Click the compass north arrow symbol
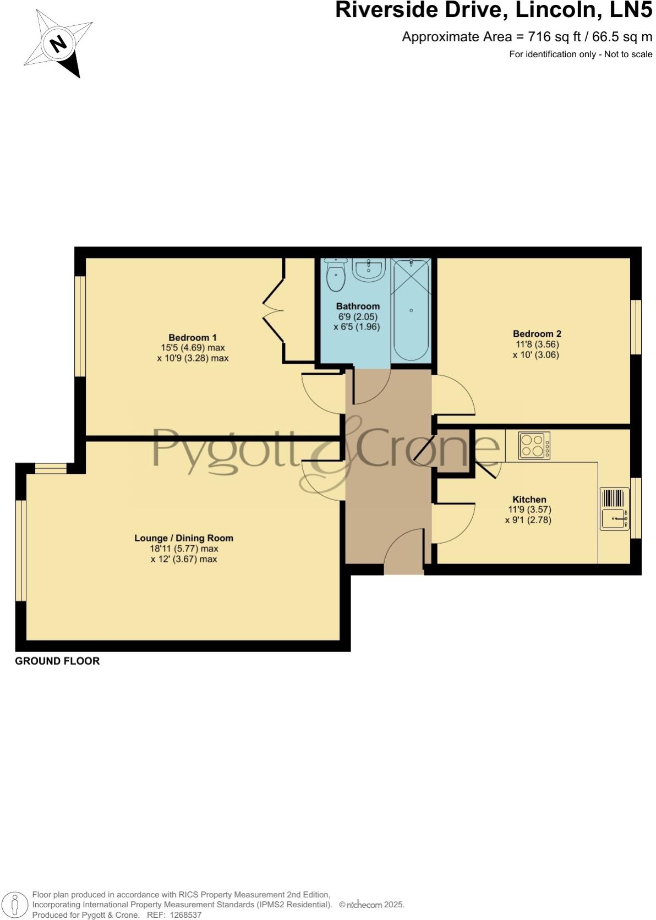[x=58, y=43]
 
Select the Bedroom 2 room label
[x=537, y=333]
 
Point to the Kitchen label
[x=529, y=499]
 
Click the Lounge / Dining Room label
[x=184, y=538]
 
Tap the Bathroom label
[x=358, y=306]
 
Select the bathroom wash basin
[x=368, y=270]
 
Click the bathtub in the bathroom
[x=411, y=309]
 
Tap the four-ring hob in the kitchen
[x=534, y=445]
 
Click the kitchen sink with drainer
[x=614, y=510]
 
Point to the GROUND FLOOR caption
[x=57, y=661]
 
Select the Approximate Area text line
[x=527, y=37]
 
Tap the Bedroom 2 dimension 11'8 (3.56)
[x=537, y=344]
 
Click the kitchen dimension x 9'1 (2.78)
[x=528, y=520]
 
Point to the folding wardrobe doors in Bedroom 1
[x=274, y=312]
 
